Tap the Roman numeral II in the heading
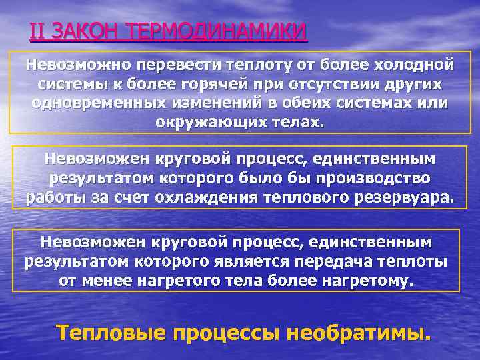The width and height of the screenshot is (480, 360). [x=38, y=31]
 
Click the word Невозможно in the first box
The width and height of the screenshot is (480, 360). [x=79, y=65]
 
